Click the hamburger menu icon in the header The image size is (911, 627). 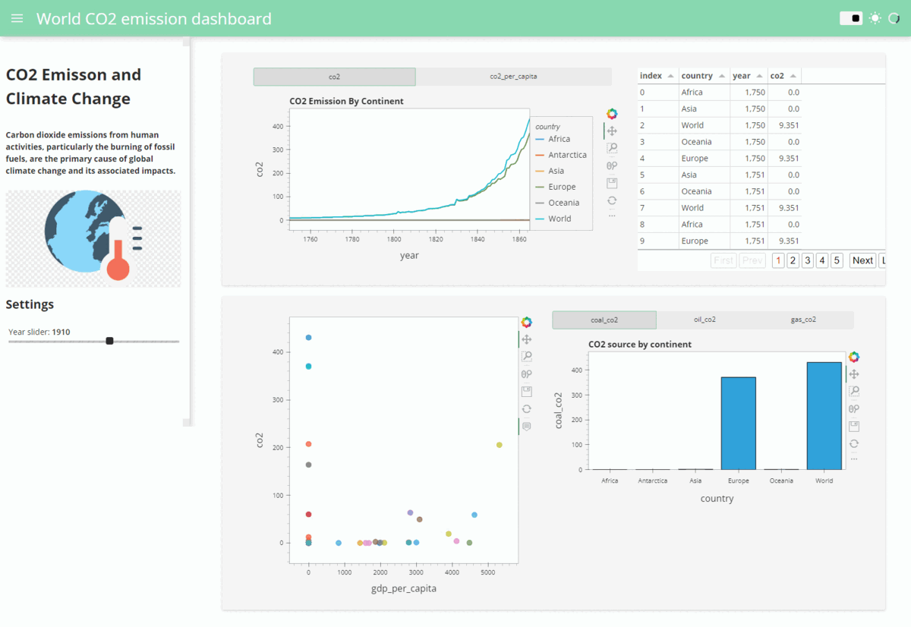pyautogui.click(x=17, y=18)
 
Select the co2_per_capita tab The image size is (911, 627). pyautogui.click(x=513, y=77)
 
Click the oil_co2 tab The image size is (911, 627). pyautogui.click(x=705, y=320)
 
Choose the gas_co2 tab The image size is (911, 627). pyautogui.click(x=802, y=320)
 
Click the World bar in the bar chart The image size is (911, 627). pyautogui.click(x=824, y=416)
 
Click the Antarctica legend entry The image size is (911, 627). pyautogui.click(x=566, y=155)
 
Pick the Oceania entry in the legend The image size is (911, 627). pyautogui.click(x=563, y=203)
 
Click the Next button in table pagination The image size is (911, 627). pyautogui.click(x=862, y=260)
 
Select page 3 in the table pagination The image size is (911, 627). pyautogui.click(x=808, y=260)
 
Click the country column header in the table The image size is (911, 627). pyautogui.click(x=697, y=76)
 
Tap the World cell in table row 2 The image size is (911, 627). pyautogui.click(x=692, y=125)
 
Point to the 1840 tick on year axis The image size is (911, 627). pyautogui.click(x=477, y=239)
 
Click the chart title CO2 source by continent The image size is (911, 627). pyautogui.click(x=640, y=344)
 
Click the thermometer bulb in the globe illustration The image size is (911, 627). pyautogui.click(x=118, y=268)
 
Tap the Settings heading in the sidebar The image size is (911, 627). pyautogui.click(x=30, y=304)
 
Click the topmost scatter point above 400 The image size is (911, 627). pyautogui.click(x=308, y=338)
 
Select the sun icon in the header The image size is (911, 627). pyautogui.click(x=875, y=18)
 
